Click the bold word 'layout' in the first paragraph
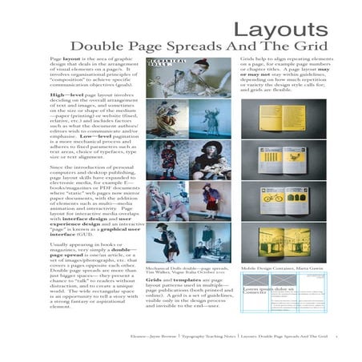point(73,61)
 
